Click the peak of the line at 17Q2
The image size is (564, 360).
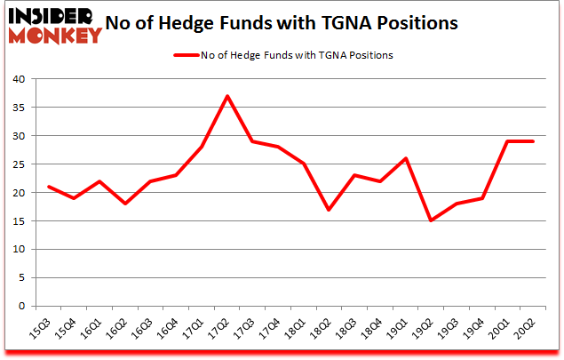point(227,96)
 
